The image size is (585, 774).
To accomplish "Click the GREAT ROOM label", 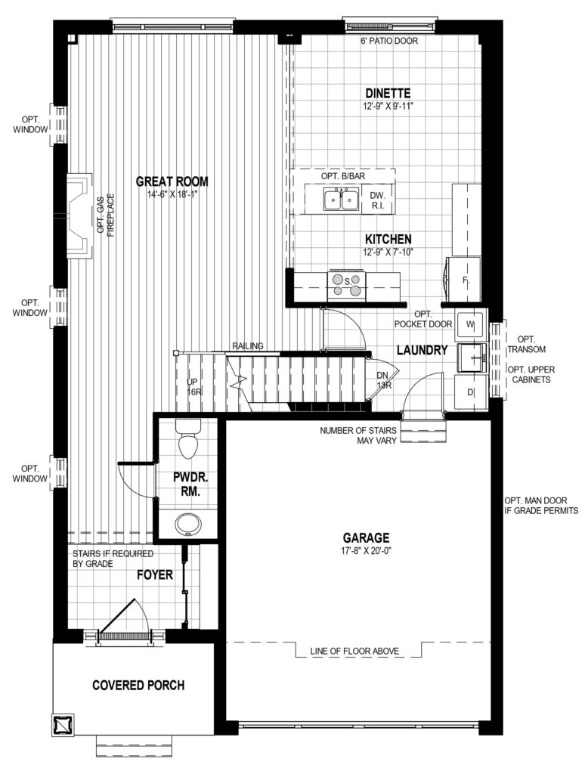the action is (x=172, y=181).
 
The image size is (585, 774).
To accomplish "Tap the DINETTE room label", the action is (x=388, y=93).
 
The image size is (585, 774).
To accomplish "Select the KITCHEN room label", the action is (x=388, y=240).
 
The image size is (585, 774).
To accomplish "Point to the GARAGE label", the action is (x=367, y=537).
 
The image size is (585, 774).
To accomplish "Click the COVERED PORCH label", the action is (x=138, y=685).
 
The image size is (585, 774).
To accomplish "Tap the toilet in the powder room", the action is (x=188, y=439).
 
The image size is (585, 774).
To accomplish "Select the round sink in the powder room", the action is (x=188, y=525).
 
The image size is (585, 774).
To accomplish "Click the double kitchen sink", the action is (x=341, y=199).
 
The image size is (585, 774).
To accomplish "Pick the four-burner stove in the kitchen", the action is (x=347, y=286).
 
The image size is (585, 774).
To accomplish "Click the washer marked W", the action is (x=470, y=324).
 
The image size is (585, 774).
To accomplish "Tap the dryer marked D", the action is (x=470, y=392).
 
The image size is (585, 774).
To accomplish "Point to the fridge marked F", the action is (x=463, y=280).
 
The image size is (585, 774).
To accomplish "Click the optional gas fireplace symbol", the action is (x=79, y=215).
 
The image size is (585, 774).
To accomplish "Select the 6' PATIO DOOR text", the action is (x=389, y=41).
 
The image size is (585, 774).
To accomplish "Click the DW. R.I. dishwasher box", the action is (x=378, y=200).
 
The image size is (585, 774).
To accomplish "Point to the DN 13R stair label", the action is (x=384, y=380).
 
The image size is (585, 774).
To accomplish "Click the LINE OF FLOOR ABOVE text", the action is (x=354, y=651).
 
